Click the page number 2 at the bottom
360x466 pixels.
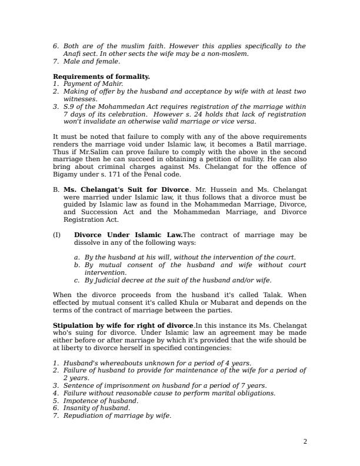pyautogui.click(x=305, y=442)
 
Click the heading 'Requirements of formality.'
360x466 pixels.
pyautogui.click(x=101, y=76)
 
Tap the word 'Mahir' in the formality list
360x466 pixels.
pyautogui.click(x=112, y=84)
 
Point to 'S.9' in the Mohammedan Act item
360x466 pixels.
pyautogui.click(x=69, y=106)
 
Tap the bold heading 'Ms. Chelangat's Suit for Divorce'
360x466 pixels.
pyautogui.click(x=118, y=190)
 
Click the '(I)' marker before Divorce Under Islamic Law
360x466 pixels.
pyautogui.click(x=57, y=235)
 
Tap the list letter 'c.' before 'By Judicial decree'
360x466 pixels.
pyautogui.click(x=77, y=281)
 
